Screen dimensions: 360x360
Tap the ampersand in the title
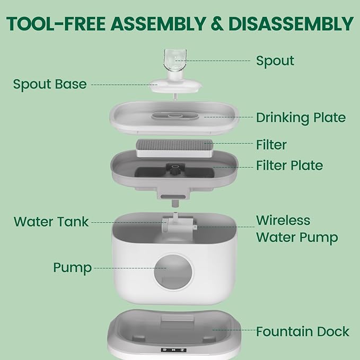217,24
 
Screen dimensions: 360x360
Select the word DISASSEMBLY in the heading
291,24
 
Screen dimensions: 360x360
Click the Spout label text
275,61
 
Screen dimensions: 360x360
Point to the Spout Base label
50,84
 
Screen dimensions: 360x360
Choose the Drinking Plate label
301,118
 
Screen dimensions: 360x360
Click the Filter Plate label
289,165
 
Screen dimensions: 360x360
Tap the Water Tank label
51,222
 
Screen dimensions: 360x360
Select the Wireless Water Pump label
297,229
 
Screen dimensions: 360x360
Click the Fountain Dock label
303,331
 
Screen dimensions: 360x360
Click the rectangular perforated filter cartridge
174,148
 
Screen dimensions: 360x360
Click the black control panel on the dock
173,350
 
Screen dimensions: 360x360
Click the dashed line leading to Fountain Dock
234,330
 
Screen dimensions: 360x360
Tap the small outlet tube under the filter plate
175,203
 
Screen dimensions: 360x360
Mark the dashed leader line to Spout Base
124,85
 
